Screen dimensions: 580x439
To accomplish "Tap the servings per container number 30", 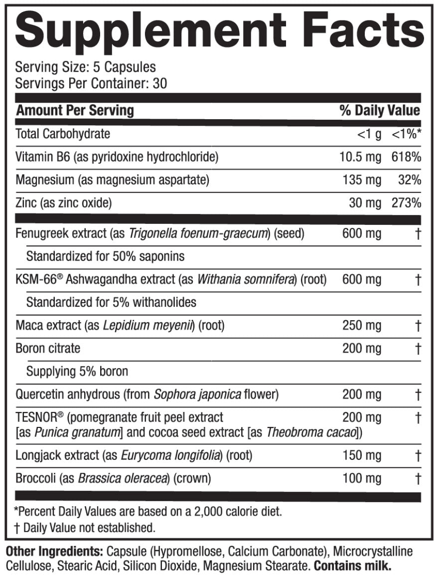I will coord(160,83).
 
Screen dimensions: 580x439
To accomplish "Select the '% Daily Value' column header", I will coord(380,110).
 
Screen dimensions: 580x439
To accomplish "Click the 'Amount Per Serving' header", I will coord(75,110).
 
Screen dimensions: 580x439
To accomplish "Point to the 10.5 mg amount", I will coord(360,157).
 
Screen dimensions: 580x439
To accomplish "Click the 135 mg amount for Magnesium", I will coord(362,180).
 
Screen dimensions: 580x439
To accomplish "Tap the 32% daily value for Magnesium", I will coord(410,180).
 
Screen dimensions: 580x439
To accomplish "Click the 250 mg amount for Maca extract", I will coord(362,326).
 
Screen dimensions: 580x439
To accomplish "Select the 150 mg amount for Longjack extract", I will coord(362,455).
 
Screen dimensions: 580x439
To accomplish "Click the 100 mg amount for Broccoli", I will coord(362,479).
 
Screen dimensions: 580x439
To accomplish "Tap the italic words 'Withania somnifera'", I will coord(244,279).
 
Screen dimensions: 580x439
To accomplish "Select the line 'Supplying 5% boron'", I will coord(77,372).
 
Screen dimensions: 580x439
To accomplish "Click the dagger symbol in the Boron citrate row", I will coord(418,348).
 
